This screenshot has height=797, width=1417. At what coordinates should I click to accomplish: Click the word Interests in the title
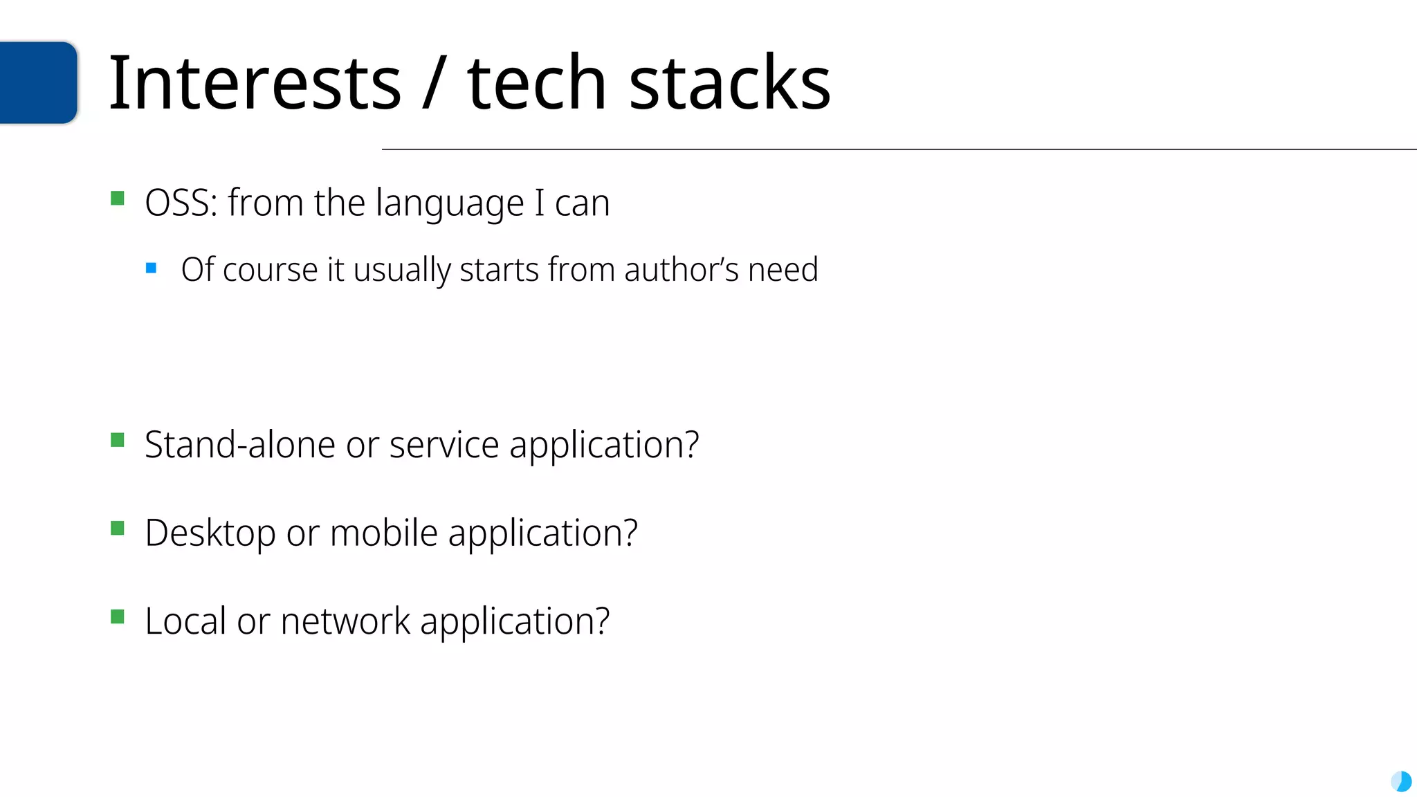tap(255, 83)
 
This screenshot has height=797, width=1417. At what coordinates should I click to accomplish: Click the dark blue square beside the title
tap(37, 82)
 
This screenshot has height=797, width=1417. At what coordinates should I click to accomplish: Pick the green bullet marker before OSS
tap(118, 199)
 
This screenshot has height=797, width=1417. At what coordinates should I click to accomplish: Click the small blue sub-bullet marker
tap(152, 268)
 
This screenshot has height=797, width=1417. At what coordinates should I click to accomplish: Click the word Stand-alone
tap(239, 444)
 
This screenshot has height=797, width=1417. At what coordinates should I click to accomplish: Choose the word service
tap(444, 444)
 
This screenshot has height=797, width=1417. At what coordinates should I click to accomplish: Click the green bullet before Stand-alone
tap(118, 440)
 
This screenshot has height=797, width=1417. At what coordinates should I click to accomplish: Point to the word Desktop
tap(210, 534)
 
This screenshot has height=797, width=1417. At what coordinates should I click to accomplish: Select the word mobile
tap(383, 533)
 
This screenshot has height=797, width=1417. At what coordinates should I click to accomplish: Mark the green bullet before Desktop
tap(118, 529)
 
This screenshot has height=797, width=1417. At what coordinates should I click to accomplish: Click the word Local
tap(185, 621)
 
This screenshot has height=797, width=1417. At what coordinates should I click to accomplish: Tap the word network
tap(345, 621)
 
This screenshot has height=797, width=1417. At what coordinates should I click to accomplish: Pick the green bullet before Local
tap(118, 616)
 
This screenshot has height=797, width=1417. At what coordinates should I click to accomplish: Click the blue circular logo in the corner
tap(1401, 782)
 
